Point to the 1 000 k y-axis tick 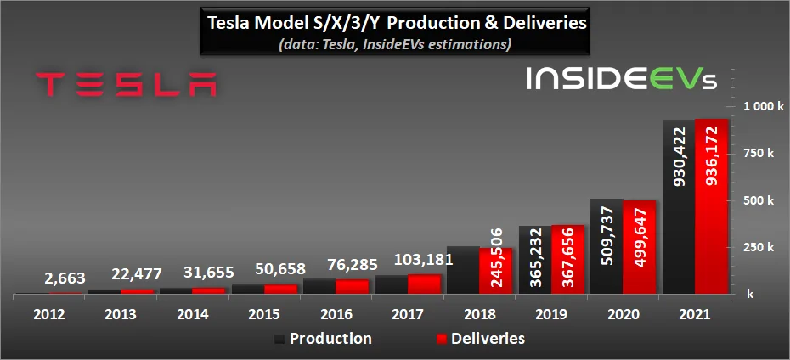click(763, 107)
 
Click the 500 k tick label click(763, 201)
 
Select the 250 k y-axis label click(763, 248)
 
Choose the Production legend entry click(323, 339)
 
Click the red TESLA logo click(127, 84)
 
